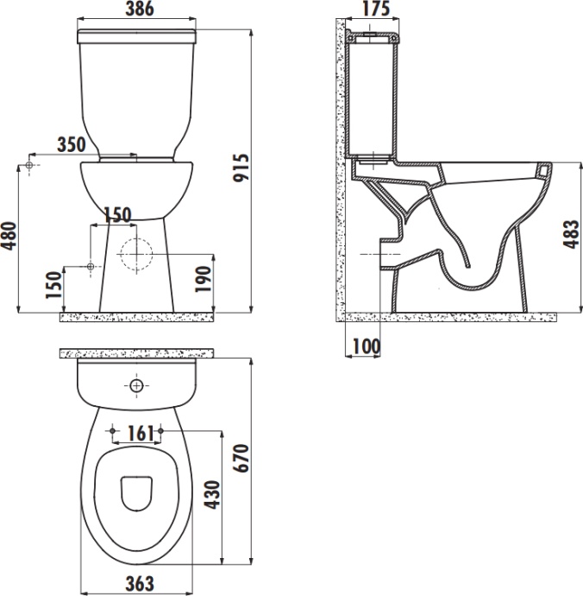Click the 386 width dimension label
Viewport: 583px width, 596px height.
click(140, 9)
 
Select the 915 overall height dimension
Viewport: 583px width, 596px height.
click(241, 168)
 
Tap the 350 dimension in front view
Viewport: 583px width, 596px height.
click(72, 144)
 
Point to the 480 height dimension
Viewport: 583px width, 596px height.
click(9, 236)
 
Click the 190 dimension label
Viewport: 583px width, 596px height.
click(203, 279)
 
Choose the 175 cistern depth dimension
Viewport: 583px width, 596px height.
click(376, 9)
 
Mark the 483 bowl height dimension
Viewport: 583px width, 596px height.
click(571, 234)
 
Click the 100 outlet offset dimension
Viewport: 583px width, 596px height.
click(367, 346)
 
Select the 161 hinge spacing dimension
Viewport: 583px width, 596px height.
click(140, 434)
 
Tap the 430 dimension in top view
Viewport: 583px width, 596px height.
click(212, 495)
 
